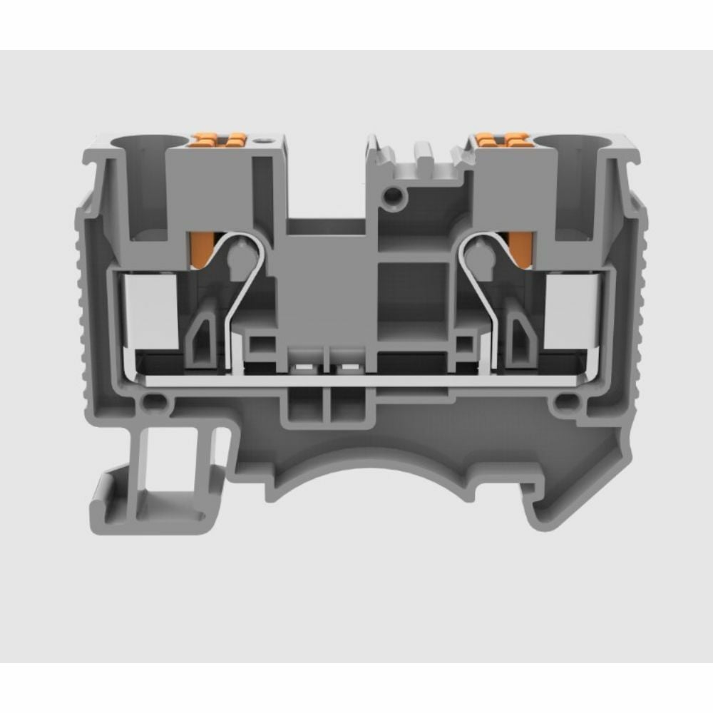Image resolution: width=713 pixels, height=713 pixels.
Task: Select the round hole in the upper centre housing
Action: pyautogui.click(x=391, y=194)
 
